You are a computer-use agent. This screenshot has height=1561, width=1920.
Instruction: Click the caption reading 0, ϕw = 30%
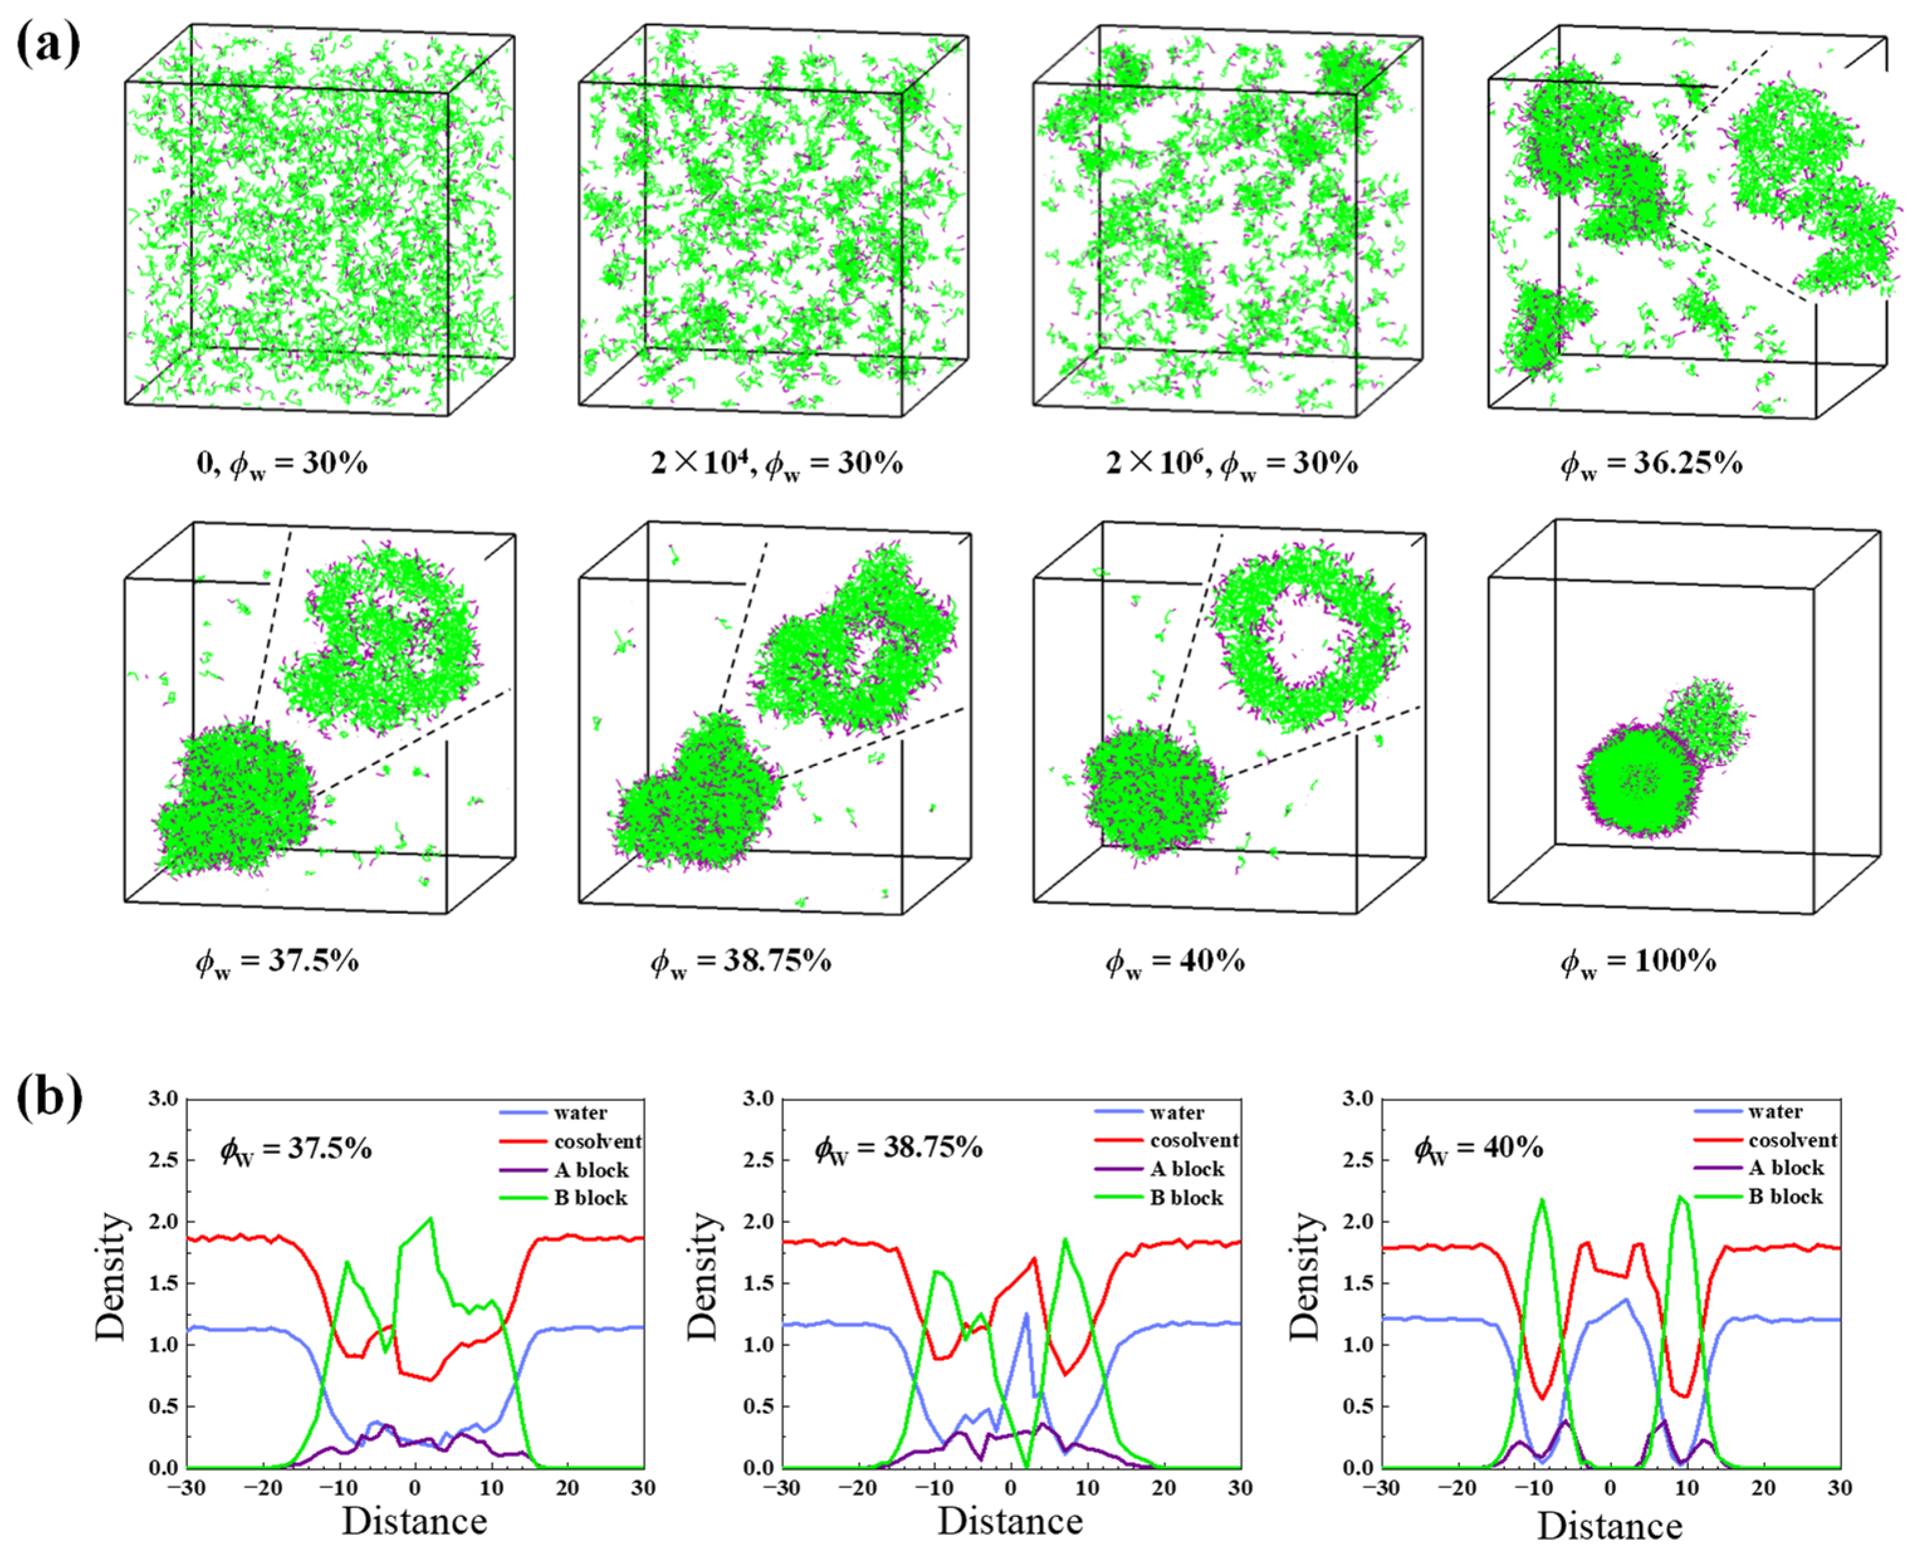point(282,465)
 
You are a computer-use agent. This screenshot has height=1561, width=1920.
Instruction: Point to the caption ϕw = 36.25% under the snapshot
point(1651,465)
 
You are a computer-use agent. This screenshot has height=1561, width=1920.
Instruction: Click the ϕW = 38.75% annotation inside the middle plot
point(898,1149)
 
